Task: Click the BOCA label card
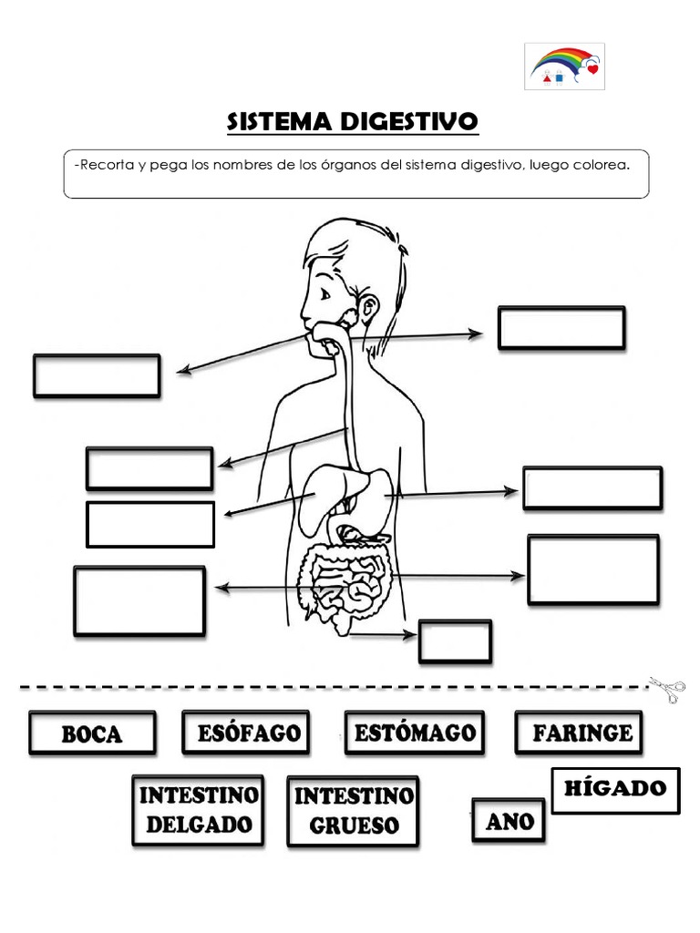92,733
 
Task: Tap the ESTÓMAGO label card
415,733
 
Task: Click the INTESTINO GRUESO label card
353,811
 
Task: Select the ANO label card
509,820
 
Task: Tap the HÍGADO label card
616,789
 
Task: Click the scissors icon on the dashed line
668,689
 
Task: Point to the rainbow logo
565,67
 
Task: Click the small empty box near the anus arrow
455,641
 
